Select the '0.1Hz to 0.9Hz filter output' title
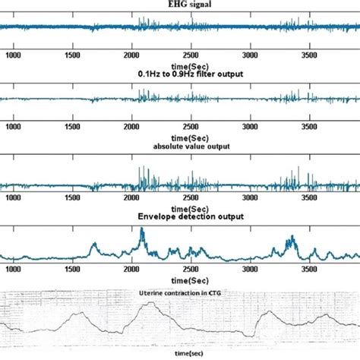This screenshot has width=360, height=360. click(180, 74)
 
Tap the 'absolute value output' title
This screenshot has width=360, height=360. click(180, 146)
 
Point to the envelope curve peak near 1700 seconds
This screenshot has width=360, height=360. click(94, 244)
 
